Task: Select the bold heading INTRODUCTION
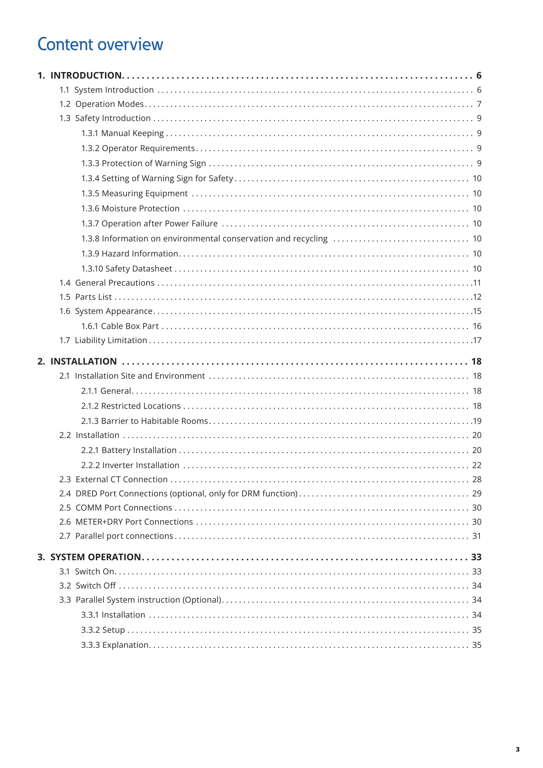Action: [86, 76]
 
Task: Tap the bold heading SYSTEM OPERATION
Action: [95, 557]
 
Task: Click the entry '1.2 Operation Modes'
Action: [101, 104]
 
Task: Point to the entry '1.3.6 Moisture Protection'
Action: [130, 208]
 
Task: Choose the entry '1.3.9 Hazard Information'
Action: [130, 253]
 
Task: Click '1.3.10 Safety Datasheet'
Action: [127, 268]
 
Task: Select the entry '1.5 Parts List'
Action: [85, 297]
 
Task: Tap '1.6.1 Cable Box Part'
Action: [120, 326]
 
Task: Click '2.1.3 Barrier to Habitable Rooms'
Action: [145, 421]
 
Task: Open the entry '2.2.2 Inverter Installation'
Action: [130, 465]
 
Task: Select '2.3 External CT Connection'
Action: [113, 479]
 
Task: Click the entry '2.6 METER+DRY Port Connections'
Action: [126, 522]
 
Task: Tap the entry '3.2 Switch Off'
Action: [87, 586]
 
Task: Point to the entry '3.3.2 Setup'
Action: [103, 630]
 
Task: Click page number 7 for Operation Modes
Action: [479, 104]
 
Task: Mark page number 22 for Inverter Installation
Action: [477, 465]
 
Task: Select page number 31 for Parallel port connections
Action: [477, 536]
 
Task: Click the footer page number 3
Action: [517, 749]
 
